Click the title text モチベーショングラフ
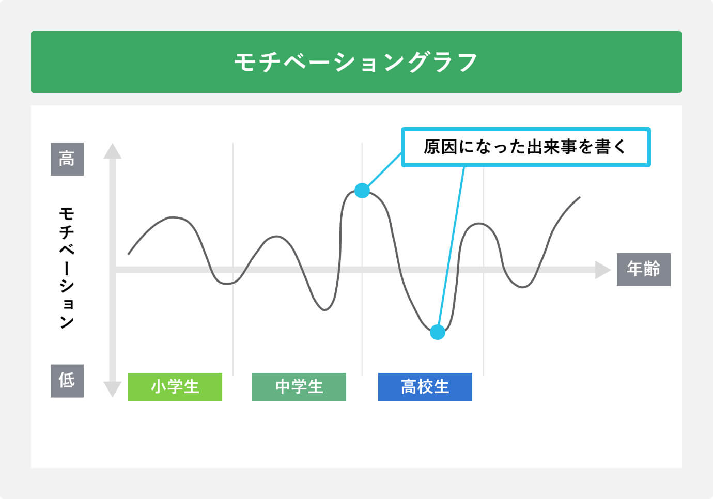coord(356,63)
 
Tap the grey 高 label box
coord(67,159)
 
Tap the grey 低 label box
coord(67,381)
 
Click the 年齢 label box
coord(643,269)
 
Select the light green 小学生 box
coord(175,386)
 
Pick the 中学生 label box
coord(299,386)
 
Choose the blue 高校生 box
coord(425,386)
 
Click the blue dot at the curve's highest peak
coord(362,191)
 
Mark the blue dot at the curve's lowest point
coord(438,332)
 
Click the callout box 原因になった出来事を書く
coord(525,147)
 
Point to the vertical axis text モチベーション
coord(67,268)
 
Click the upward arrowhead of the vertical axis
coord(112,151)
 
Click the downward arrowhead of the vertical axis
coord(112,388)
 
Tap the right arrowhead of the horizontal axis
coord(602,269)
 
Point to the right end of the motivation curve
coord(579,197)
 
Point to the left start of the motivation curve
coord(129,254)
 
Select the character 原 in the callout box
coord(432,147)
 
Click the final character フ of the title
coord(467,63)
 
